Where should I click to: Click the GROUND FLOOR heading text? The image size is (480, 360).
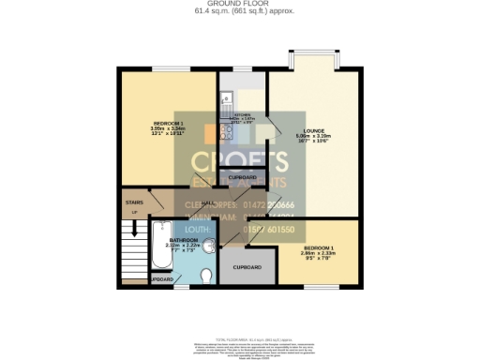(239, 5)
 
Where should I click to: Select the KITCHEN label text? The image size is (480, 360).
(243, 116)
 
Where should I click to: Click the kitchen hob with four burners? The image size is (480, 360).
(226, 131)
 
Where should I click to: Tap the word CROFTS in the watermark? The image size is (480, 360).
(239, 160)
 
